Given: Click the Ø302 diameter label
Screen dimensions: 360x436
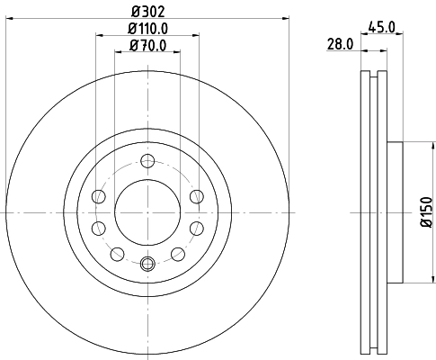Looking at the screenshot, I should (147, 9).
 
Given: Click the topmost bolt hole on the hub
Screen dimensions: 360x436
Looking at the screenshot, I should (147, 162).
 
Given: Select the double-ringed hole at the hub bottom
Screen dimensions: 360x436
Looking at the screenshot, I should (147, 264).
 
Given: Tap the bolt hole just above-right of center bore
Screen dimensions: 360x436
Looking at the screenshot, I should (197, 196).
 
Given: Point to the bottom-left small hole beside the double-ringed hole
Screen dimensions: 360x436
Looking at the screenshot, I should (115, 254).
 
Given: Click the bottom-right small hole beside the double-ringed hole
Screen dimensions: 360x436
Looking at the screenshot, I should (180, 254).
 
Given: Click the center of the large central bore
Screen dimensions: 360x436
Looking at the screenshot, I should (147, 212).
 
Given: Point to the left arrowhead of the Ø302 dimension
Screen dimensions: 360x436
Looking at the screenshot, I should (8, 16).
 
